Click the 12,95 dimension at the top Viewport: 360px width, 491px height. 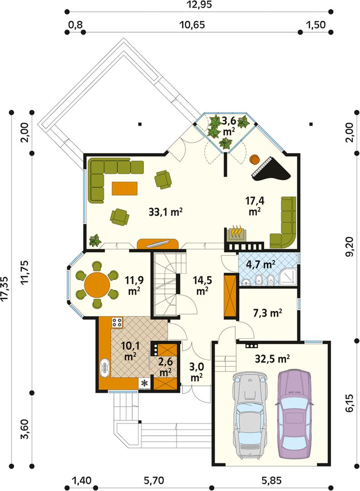pyautogui.click(x=199, y=5)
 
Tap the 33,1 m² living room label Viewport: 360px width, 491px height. pyautogui.click(x=165, y=212)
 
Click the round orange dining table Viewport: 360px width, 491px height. pyautogui.click(x=97, y=285)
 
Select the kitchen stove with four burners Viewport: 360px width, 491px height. pyautogui.click(x=117, y=323)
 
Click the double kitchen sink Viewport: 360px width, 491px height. pyautogui.click(x=105, y=369)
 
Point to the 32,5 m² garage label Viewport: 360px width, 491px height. pyautogui.click(x=272, y=359)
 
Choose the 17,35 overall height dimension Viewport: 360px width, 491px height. pyautogui.click(x=5, y=289)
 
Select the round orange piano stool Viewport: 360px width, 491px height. pyautogui.click(x=254, y=160)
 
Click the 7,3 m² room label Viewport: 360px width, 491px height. pyautogui.click(x=267, y=313)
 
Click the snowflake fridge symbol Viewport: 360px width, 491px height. pyautogui.click(x=145, y=383)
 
